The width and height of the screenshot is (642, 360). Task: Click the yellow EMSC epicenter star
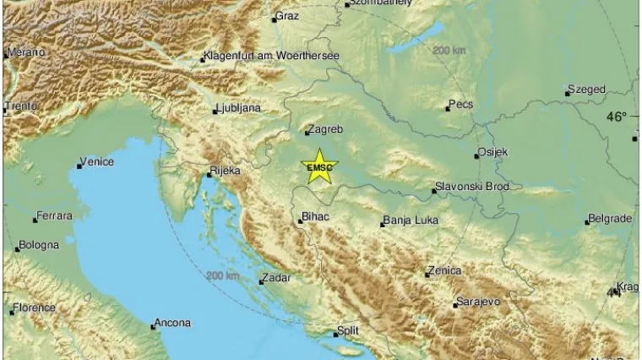tap(320, 166)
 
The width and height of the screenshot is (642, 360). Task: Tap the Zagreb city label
tap(326, 130)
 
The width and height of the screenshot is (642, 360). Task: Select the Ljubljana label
tap(238, 108)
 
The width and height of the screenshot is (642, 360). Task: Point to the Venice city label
tap(95, 162)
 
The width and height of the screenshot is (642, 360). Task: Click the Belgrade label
tap(612, 219)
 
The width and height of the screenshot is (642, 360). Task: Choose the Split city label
tap(348, 330)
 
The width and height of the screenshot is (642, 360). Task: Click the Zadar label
tap(277, 277)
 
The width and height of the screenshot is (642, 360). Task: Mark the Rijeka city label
tap(226, 171)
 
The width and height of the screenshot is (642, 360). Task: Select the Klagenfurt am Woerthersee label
tap(272, 57)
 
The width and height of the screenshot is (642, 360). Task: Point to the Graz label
tap(288, 15)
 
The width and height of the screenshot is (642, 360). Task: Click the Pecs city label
tap(462, 105)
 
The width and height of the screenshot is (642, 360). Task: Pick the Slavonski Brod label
tap(471, 187)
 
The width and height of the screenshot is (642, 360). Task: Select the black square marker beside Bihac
tap(301, 221)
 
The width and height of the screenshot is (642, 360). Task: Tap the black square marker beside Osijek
tap(476, 155)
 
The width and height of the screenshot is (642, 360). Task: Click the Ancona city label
tap(173, 323)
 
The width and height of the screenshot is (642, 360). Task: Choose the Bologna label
tap(40, 245)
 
